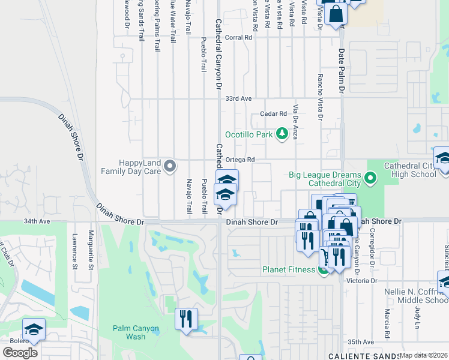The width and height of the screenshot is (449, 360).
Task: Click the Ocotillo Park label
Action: (249, 134)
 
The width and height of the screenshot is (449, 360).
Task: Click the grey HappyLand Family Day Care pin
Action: (170, 166)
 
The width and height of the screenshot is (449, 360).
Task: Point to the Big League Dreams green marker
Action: (370, 178)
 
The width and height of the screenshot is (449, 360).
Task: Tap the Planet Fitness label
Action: (289, 269)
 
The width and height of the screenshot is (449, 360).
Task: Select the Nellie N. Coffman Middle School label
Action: (416, 296)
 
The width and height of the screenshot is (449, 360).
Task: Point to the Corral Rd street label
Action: (238, 37)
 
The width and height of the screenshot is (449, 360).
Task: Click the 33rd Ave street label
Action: (237, 98)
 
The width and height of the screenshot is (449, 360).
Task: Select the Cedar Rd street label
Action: (274, 114)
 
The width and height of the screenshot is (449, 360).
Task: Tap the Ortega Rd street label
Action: (241, 160)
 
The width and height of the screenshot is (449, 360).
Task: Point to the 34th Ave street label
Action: (36, 221)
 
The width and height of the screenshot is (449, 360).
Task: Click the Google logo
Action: (20, 353)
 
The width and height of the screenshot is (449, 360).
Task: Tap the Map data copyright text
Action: (423, 355)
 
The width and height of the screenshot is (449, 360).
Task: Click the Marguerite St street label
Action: (91, 251)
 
